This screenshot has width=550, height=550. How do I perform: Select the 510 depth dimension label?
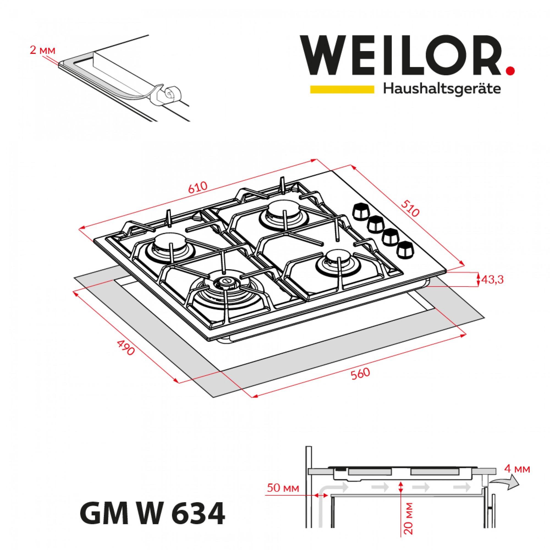(x=410, y=208)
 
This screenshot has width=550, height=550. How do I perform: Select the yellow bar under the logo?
(x=342, y=89)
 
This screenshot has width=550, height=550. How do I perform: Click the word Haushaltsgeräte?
(x=442, y=89)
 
